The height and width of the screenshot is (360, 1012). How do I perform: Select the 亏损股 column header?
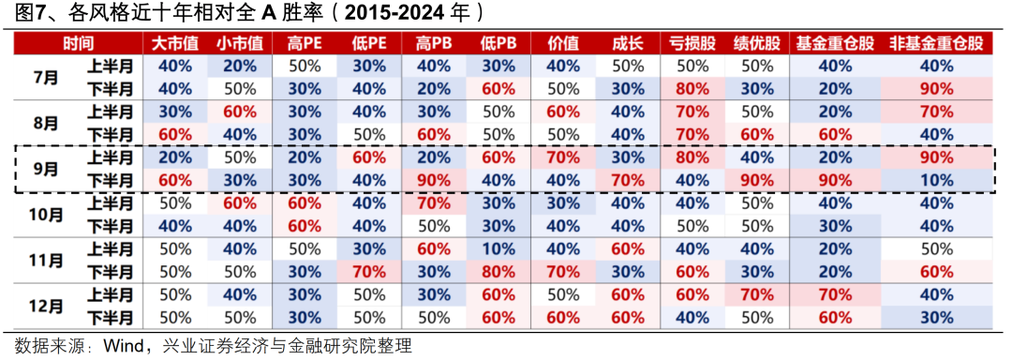(x=691, y=43)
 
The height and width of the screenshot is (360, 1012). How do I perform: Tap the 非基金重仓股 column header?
(x=936, y=43)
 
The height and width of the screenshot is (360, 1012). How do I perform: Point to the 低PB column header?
(x=498, y=43)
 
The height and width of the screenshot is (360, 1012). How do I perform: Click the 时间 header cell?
(x=79, y=43)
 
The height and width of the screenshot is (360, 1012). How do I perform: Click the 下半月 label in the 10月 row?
(x=110, y=226)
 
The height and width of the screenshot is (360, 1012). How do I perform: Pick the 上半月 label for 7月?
(x=110, y=66)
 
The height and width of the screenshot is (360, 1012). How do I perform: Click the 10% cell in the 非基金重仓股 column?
(x=936, y=180)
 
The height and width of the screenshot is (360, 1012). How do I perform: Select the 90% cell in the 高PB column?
(x=433, y=180)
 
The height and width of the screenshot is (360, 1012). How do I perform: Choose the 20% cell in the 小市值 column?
(x=239, y=66)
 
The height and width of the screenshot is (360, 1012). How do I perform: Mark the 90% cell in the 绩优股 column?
(x=755, y=180)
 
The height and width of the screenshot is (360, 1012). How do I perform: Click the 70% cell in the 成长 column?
(x=626, y=180)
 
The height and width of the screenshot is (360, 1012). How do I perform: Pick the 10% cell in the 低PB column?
(x=498, y=248)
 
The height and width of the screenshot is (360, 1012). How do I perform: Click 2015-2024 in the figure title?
(x=409, y=13)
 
